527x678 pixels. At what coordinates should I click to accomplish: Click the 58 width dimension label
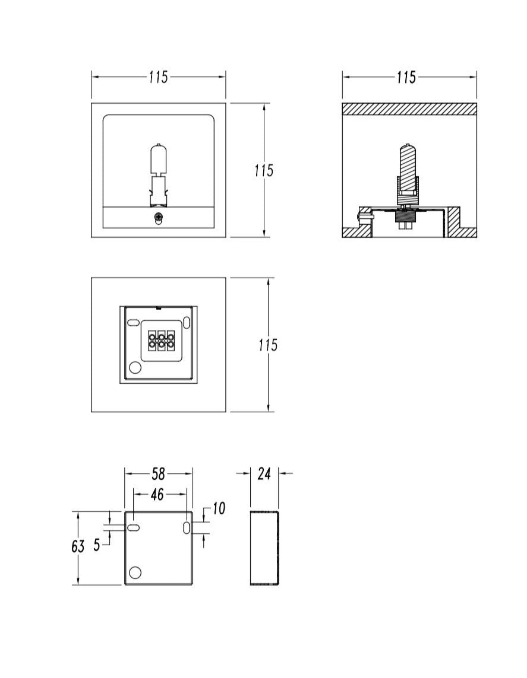(x=158, y=474)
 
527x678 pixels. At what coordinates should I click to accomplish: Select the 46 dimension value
(x=157, y=494)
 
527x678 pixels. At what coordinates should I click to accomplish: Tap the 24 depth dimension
(x=264, y=473)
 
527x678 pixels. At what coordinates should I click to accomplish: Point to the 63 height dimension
(x=78, y=547)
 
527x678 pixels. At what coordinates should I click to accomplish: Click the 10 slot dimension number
(x=219, y=508)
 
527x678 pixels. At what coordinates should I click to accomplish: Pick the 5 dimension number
(x=97, y=545)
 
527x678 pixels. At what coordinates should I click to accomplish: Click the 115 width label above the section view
(x=406, y=78)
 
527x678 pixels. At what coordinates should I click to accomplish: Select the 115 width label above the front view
(x=159, y=78)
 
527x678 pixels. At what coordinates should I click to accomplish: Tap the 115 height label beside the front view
(x=263, y=171)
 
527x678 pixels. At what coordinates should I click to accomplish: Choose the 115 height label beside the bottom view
(x=267, y=345)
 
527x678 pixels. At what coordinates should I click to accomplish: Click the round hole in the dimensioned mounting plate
(x=135, y=572)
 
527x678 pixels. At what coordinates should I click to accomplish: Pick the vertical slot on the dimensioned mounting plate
(x=187, y=527)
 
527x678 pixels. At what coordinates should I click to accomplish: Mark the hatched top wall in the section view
(x=409, y=109)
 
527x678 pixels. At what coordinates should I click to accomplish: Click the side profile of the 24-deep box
(x=264, y=547)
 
